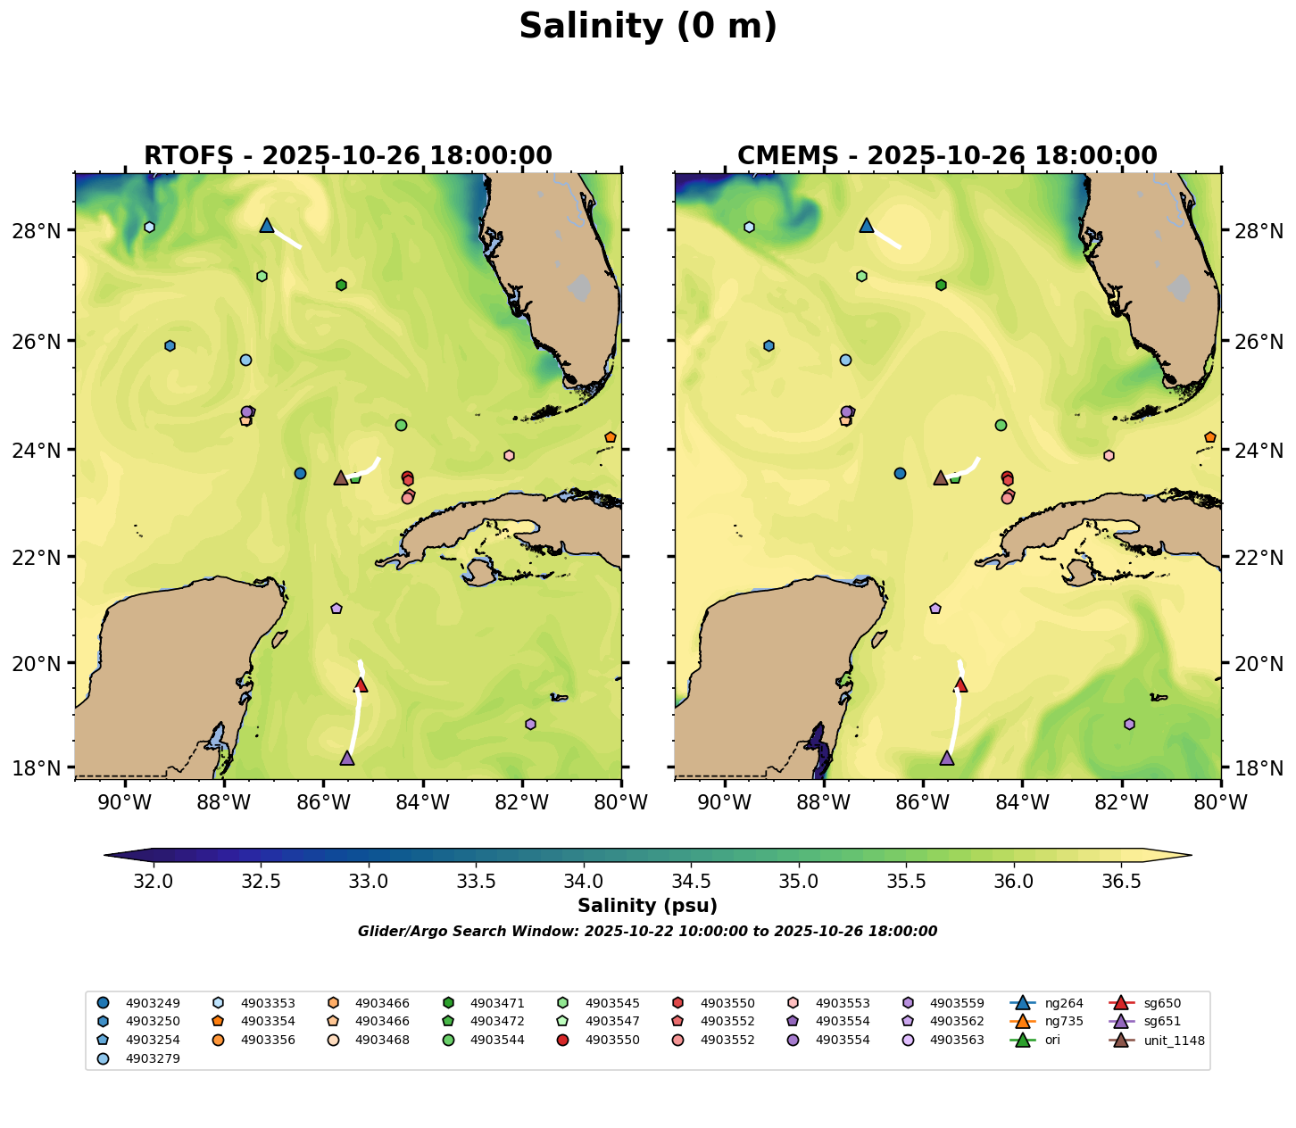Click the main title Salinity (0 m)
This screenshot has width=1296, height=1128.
click(x=648, y=27)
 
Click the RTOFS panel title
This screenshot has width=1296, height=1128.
click(x=348, y=155)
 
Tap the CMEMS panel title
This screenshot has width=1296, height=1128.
click(x=947, y=155)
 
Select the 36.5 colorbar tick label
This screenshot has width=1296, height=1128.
click(x=1121, y=882)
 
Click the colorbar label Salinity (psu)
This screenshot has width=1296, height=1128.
click(x=647, y=907)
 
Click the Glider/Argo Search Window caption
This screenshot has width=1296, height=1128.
click(x=647, y=932)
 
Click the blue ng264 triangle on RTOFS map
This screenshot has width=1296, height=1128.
click(x=267, y=226)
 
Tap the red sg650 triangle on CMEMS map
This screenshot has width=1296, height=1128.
click(x=960, y=685)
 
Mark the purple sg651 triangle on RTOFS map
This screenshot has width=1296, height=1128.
click(x=347, y=759)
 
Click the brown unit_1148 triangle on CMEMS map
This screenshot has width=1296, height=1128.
click(x=941, y=478)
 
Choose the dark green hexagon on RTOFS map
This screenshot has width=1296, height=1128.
click(x=341, y=285)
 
